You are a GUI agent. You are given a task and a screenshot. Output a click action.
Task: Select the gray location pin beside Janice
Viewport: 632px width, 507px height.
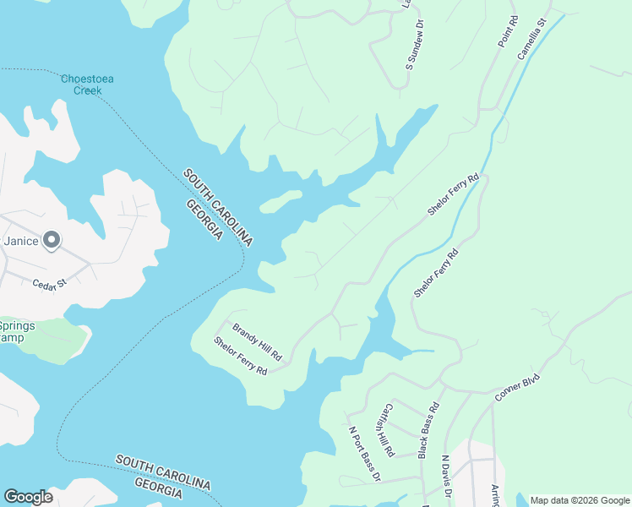[52, 242]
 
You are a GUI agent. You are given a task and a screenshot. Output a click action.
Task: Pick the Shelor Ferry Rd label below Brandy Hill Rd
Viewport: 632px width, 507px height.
[240, 357]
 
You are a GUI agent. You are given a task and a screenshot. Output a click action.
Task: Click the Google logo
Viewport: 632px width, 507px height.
[28, 497]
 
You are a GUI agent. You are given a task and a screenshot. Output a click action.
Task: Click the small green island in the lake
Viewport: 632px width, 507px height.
[281, 201]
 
